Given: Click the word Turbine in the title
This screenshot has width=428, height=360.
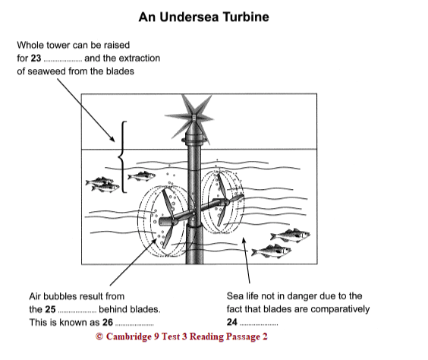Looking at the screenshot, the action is pyautogui.click(x=246, y=17).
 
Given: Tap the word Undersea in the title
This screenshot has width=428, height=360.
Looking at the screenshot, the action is pyautogui.click(x=189, y=17).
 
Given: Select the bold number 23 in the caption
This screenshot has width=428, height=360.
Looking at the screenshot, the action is pyautogui.click(x=36, y=58).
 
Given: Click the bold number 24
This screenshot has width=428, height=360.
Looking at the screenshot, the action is pyautogui.click(x=231, y=322).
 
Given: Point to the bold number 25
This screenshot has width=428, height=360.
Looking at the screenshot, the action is pyautogui.click(x=50, y=309).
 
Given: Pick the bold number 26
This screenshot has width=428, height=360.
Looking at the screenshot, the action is pyautogui.click(x=108, y=323).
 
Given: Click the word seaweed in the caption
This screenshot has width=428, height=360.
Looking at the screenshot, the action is pyautogui.click(x=47, y=71).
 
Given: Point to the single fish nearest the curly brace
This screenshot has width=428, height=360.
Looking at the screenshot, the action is pyautogui.click(x=141, y=175).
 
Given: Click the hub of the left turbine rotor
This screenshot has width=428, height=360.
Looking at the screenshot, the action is pyautogui.click(x=172, y=219).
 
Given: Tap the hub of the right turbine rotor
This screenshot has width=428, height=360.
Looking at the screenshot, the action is pyautogui.click(x=225, y=202).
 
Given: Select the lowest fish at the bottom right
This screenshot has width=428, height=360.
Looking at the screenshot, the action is pyautogui.click(x=271, y=251).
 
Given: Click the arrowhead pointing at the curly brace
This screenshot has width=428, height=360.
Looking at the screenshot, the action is pyautogui.click(x=112, y=138).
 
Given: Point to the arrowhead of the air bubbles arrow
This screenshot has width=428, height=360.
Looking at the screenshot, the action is pyautogui.click(x=155, y=241).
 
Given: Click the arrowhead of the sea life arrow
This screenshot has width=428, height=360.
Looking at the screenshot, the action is pyautogui.click(x=244, y=241).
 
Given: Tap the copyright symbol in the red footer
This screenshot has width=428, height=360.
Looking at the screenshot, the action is pyautogui.click(x=99, y=336).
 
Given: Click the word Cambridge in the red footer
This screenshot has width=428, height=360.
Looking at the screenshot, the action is pyautogui.click(x=128, y=336).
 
